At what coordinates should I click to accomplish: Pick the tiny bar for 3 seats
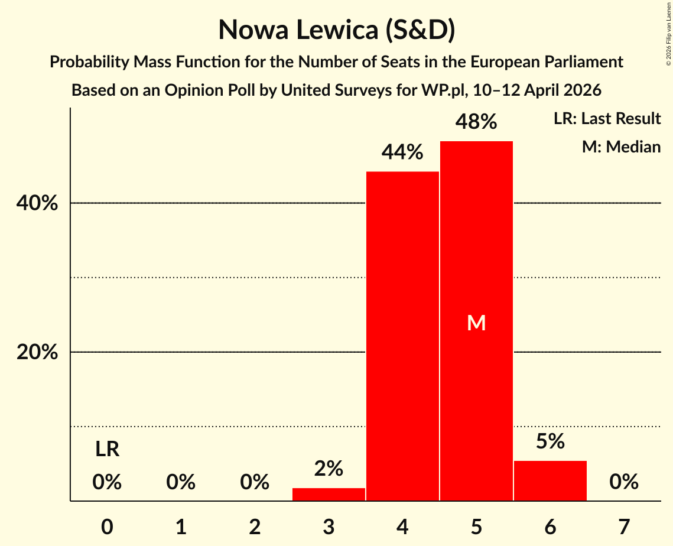coord(329,495)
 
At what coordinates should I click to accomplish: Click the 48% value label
coord(476,122)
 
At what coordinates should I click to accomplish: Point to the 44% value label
coord(402,152)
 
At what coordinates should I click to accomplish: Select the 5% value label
coord(550,441)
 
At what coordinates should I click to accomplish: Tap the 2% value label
coord(329,469)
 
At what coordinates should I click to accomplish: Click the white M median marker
coord(476,323)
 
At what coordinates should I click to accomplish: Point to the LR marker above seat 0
coord(107,450)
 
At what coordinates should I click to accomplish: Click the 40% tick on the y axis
coord(37,203)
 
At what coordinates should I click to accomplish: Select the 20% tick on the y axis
coord(37,352)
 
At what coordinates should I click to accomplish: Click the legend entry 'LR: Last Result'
coord(607,119)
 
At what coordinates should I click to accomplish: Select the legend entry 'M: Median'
coord(621,147)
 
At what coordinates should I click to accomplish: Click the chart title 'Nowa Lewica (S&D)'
coord(336,30)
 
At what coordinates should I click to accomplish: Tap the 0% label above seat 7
coord(624,482)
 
